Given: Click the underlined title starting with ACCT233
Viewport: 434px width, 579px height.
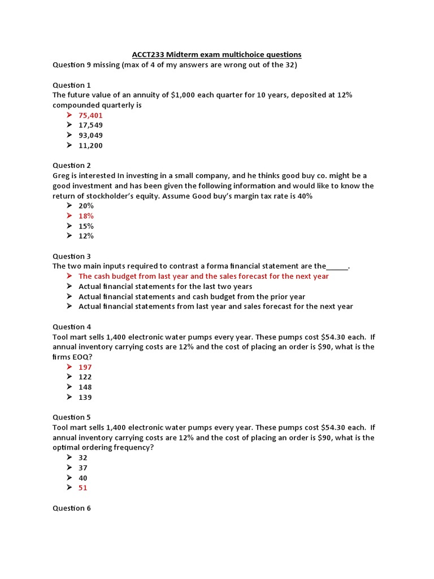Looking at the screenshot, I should tap(216, 54).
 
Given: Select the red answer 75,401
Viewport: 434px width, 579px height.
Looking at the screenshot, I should tap(90, 115).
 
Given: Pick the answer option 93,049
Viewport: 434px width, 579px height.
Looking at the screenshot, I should tap(90, 135).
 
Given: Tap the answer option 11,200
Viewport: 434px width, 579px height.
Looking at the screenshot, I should tap(90, 145).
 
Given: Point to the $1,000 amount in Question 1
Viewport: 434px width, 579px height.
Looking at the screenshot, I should tap(170, 95).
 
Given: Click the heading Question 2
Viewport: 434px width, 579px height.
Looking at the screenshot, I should tap(72, 165).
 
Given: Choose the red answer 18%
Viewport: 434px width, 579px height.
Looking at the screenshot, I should tap(86, 216).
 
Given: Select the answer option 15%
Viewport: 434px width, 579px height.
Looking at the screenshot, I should tap(86, 226).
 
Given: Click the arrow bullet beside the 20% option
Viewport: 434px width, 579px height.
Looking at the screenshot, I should tap(69, 206).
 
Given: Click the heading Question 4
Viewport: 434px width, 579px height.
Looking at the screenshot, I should tap(72, 326).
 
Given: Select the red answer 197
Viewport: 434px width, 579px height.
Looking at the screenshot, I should tap(85, 367).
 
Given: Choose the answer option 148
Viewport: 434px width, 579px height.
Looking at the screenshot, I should tap(85, 387).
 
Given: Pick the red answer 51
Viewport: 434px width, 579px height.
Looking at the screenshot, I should tap(83, 487).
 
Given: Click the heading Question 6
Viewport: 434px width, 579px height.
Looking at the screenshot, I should tap(72, 508).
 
